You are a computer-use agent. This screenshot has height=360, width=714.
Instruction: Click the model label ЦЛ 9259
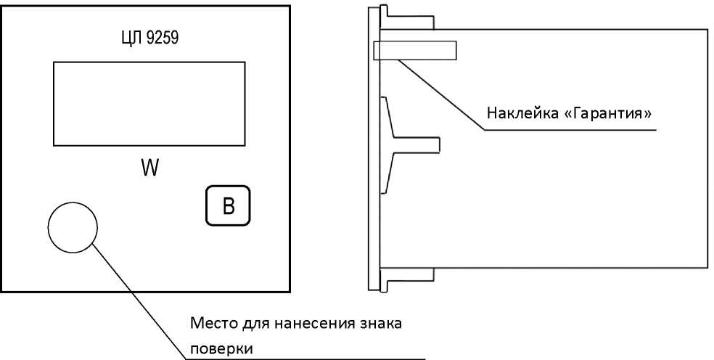point(149,38)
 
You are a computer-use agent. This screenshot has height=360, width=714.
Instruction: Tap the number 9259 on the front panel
point(163,38)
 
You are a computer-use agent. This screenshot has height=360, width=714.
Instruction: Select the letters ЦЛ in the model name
point(132,38)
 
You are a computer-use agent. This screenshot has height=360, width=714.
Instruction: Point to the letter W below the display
point(149,168)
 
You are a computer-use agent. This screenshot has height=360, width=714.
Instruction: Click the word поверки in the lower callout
point(221,349)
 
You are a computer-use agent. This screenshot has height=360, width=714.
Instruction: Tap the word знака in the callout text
point(379,324)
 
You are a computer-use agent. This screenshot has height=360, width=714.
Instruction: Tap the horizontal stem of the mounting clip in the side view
point(416,144)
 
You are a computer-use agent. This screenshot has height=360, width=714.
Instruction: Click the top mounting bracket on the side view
point(406,17)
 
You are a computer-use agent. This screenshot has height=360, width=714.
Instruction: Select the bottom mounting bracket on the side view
point(406,279)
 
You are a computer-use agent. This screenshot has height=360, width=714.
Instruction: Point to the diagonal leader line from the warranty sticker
point(440,95)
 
